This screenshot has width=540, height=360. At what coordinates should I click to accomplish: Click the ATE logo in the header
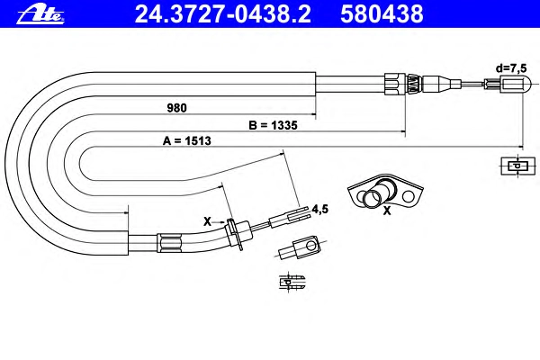[x=40, y=14]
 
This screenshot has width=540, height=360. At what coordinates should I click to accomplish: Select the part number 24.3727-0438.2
[x=223, y=14]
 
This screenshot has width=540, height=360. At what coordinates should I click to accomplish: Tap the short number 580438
[x=382, y=14]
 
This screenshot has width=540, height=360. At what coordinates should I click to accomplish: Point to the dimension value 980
[x=176, y=108]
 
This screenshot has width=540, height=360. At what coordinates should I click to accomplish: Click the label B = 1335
[x=273, y=125]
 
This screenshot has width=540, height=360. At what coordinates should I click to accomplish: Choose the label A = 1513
[x=187, y=140]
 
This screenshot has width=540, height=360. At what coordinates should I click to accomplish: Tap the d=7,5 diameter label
[x=511, y=67]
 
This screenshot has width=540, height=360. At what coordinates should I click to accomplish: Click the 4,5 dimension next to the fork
[x=319, y=209]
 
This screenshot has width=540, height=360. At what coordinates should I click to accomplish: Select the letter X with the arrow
[x=207, y=221]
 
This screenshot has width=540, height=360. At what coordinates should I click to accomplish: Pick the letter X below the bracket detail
[x=387, y=211]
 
